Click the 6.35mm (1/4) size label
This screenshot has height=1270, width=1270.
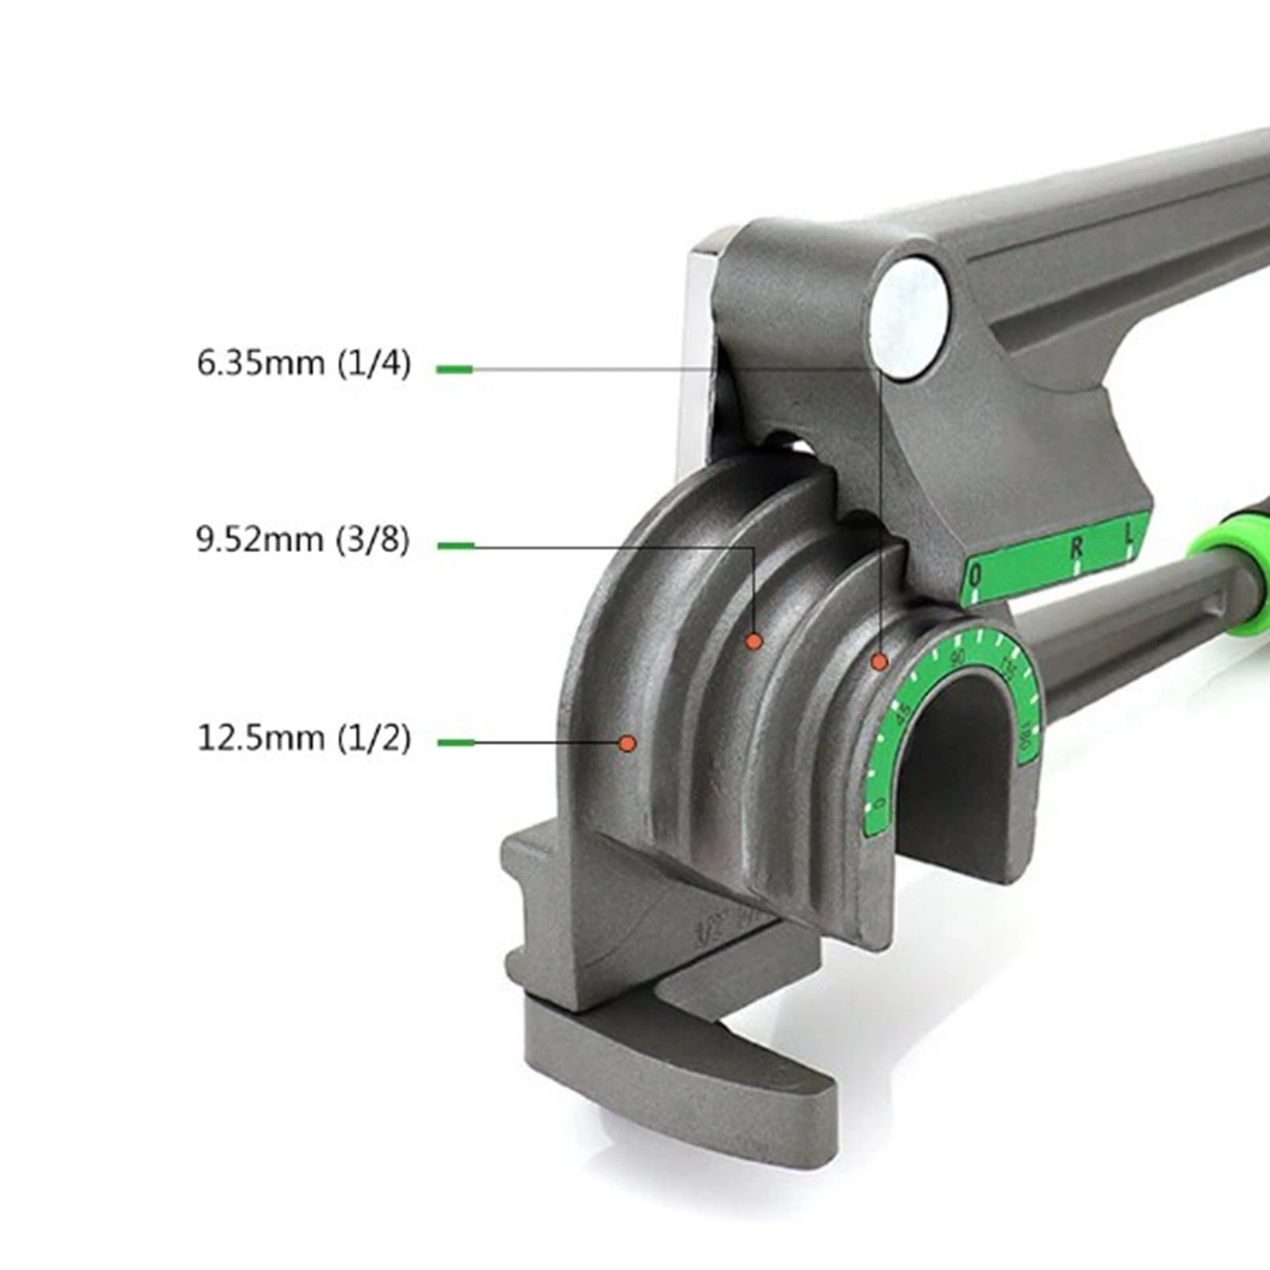304,364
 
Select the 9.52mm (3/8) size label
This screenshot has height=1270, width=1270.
303,540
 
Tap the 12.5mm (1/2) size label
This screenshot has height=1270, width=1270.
304,739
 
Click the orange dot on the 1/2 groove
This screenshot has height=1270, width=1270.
627,743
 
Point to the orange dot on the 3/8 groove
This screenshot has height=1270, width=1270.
754,641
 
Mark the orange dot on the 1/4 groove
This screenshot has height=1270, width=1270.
879,662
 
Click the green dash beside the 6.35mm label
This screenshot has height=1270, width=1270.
455,369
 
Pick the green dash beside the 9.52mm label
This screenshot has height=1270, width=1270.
455,546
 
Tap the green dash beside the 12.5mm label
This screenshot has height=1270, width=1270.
455,743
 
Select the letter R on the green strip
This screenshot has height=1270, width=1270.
1076,548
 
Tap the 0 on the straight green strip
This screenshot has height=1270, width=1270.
976,577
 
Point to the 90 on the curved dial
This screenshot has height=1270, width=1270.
958,658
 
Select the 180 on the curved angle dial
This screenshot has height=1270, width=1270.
1029,742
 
